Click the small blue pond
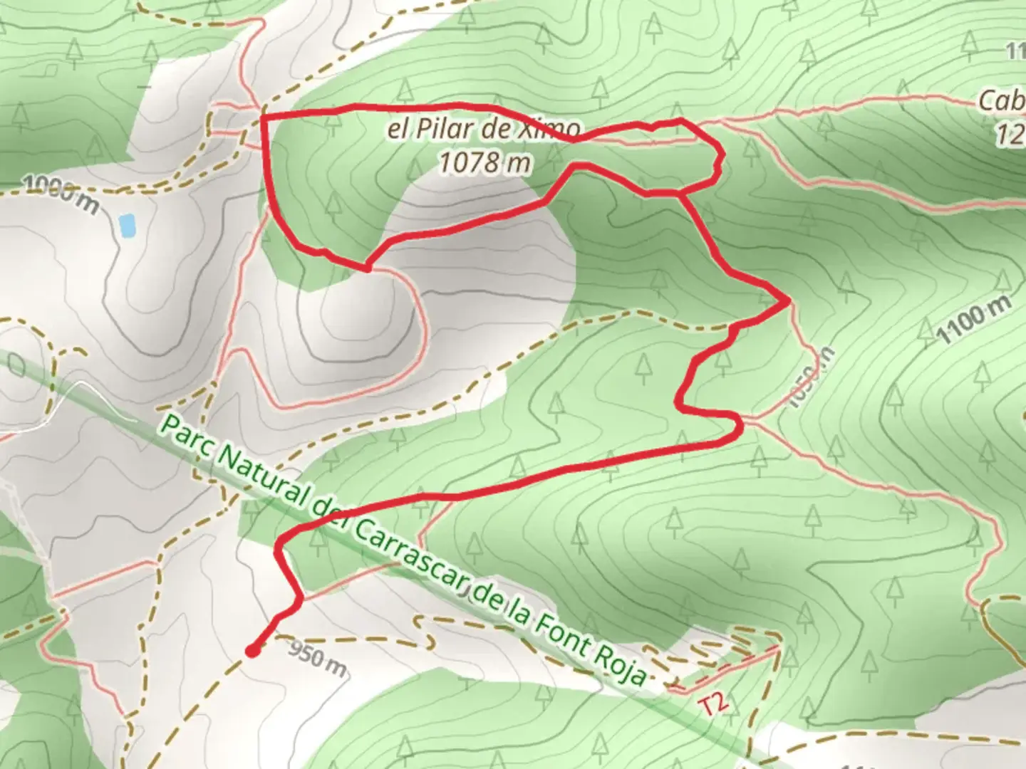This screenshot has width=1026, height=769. [127, 225]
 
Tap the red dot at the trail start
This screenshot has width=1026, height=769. [252, 649]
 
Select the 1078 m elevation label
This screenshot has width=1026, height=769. [484, 163]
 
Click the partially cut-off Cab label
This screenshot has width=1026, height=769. [1000, 101]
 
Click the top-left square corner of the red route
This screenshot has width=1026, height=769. [264, 115]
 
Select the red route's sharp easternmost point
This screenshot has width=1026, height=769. [787, 302]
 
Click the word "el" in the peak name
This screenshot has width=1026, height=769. [399, 130]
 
